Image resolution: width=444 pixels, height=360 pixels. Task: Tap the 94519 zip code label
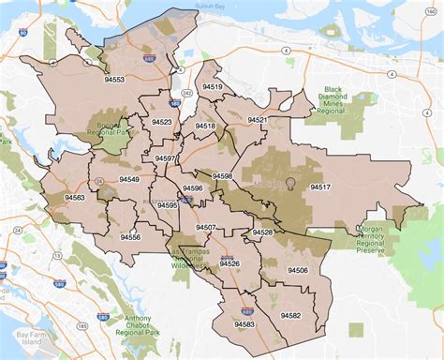[213, 86]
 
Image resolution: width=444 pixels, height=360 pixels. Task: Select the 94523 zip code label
[161, 122]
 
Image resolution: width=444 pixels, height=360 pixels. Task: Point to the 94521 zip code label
[257, 120]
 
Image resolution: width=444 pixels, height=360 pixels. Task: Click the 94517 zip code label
[321, 187]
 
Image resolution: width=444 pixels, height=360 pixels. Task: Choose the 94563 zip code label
[75, 198]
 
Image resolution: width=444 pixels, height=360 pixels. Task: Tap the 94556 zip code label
[130, 237]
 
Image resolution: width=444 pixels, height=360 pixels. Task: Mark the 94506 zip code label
[298, 270]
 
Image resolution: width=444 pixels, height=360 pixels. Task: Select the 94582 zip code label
[289, 316]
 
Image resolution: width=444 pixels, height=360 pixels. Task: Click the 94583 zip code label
[244, 324]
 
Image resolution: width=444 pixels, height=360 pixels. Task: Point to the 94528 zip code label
[262, 232]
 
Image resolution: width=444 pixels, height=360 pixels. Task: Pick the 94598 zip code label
[223, 176]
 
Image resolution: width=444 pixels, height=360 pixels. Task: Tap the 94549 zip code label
[129, 179]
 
